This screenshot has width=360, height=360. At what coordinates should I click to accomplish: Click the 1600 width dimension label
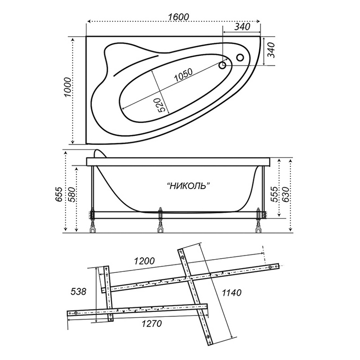click(179, 17)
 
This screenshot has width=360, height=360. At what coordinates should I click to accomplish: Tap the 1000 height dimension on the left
click(68, 87)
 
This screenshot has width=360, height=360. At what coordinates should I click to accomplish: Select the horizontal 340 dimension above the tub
click(242, 27)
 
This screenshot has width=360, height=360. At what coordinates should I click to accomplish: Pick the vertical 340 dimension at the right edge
click(271, 50)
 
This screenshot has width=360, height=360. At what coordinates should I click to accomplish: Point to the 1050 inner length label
click(183, 75)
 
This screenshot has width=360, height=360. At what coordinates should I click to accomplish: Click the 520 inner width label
click(162, 105)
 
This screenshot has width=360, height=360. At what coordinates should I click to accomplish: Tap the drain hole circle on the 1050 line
click(223, 66)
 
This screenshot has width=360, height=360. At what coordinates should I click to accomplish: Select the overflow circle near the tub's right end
click(240, 57)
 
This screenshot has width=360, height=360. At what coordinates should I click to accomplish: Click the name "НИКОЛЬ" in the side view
click(188, 186)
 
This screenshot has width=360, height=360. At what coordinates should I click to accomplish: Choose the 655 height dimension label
click(59, 194)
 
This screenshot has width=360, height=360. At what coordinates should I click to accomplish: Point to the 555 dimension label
click(274, 194)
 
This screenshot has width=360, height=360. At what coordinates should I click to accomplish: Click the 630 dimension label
click(285, 194)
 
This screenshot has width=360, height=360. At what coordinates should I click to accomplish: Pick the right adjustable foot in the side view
click(259, 220)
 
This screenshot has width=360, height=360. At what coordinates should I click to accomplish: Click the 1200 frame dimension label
click(144, 261)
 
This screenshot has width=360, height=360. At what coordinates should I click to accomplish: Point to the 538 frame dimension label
click(78, 292)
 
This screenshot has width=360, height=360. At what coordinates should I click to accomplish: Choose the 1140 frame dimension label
click(232, 292)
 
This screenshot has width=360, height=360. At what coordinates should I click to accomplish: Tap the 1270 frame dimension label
click(151, 323)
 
